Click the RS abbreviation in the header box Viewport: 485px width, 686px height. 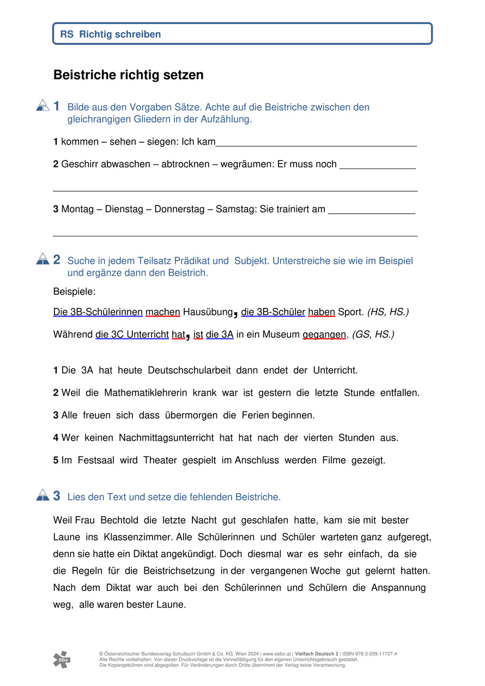click(x=66, y=34)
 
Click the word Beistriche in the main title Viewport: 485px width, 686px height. click(x=84, y=75)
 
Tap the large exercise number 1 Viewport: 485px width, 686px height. click(x=57, y=106)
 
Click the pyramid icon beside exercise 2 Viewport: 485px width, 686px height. click(x=43, y=259)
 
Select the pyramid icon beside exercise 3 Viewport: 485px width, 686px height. click(x=43, y=495)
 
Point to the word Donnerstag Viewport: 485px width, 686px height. click(x=179, y=209)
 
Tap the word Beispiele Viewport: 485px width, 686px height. click(x=74, y=292)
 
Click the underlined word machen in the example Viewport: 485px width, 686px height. click(x=163, y=312)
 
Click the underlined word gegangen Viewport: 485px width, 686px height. click(x=324, y=335)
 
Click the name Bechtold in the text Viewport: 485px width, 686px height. click(x=124, y=520)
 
